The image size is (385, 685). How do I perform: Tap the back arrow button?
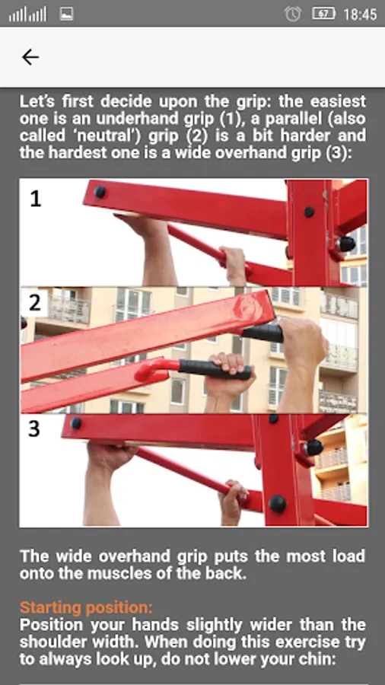point(30,57)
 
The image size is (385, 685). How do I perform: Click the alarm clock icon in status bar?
point(292,14)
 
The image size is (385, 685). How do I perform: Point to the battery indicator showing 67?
point(324,14)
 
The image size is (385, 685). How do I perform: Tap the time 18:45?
point(360,14)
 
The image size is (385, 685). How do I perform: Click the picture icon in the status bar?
point(66,14)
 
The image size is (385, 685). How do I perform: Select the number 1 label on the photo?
point(35,199)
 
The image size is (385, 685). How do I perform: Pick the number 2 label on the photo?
point(35,302)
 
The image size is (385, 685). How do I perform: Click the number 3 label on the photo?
point(34,429)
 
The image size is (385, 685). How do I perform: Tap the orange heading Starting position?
point(86,607)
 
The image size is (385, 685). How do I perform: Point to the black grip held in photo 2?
point(215,370)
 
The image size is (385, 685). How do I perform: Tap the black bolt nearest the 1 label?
point(100,192)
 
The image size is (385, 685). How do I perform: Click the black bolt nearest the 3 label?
point(76,423)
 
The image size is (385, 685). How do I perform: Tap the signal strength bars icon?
point(27,14)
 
